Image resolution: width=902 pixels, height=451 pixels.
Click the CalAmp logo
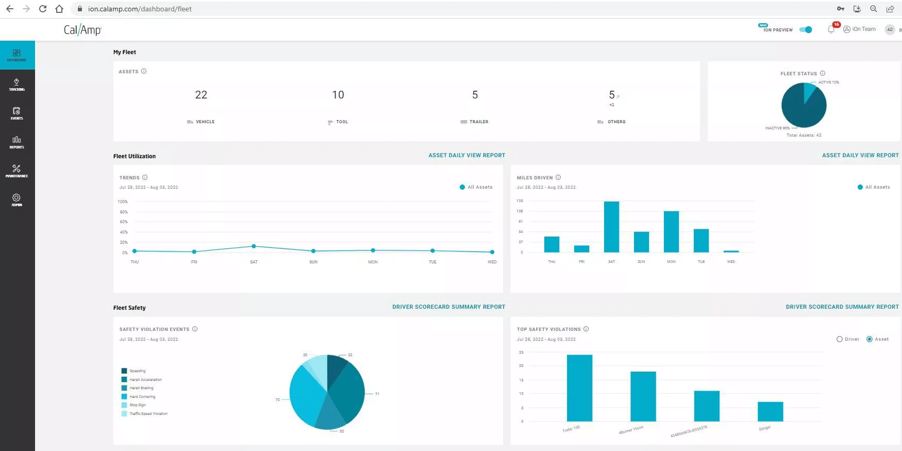82,30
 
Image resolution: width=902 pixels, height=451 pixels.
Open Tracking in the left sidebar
16,85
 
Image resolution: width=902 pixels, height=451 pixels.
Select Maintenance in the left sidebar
16,171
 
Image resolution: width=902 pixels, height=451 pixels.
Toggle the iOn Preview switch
806,29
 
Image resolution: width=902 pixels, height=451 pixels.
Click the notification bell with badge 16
831,29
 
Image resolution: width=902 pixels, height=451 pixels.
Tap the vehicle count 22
201,95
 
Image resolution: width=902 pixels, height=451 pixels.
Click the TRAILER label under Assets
479,122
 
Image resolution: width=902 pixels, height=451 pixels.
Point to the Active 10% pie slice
810,91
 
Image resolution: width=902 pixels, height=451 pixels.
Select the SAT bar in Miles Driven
611,227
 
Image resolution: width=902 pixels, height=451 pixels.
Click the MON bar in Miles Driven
671,231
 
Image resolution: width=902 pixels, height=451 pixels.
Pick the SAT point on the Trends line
254,246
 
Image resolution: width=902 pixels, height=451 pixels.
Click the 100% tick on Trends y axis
123,202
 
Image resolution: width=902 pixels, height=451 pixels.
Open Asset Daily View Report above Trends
466,155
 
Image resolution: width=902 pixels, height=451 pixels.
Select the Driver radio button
840,339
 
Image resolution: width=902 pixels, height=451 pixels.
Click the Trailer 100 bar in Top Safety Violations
579,388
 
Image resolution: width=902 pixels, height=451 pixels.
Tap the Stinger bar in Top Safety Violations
770,411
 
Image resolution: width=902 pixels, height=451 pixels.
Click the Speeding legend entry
137,371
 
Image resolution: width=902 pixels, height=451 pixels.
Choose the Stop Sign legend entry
137,405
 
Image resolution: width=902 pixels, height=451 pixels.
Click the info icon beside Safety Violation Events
195,329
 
